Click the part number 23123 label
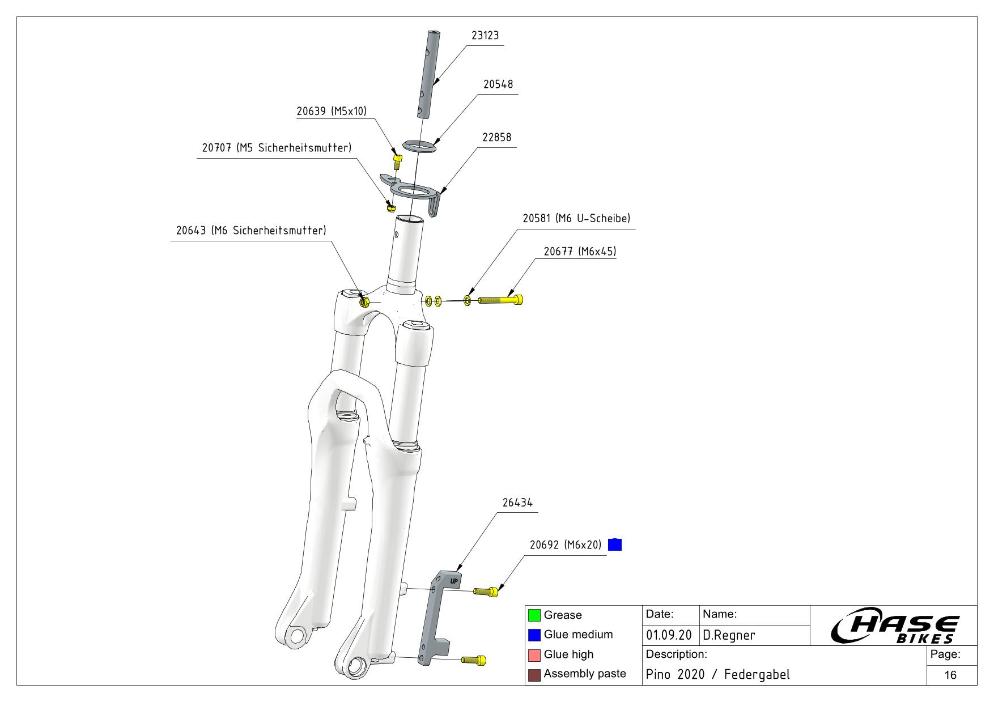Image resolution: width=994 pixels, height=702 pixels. click(x=485, y=36)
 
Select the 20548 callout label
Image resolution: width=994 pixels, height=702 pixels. click(x=498, y=84)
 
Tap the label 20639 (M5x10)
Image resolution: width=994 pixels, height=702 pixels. click(x=332, y=111)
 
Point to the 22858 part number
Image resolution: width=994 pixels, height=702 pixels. click(x=496, y=138)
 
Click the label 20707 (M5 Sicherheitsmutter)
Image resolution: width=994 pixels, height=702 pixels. click(x=277, y=148)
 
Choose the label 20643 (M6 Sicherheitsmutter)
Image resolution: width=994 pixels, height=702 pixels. click(x=251, y=231)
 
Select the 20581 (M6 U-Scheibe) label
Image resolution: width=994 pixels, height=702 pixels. click(x=576, y=219)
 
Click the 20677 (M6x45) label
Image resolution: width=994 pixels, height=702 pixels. click(x=579, y=252)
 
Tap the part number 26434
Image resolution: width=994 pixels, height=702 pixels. click(x=517, y=503)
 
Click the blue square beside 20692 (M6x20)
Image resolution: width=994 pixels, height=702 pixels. click(x=615, y=544)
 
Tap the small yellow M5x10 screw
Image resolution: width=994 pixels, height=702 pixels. click(x=397, y=162)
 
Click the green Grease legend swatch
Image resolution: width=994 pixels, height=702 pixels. click(x=534, y=615)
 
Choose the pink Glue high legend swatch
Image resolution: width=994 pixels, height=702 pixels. click(x=534, y=655)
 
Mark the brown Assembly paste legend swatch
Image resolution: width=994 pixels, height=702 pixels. click(x=534, y=675)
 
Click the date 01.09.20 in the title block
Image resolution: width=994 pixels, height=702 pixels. click(x=669, y=635)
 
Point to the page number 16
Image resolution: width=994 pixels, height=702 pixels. click(x=950, y=675)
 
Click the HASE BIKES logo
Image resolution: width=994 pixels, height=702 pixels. click(x=895, y=628)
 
